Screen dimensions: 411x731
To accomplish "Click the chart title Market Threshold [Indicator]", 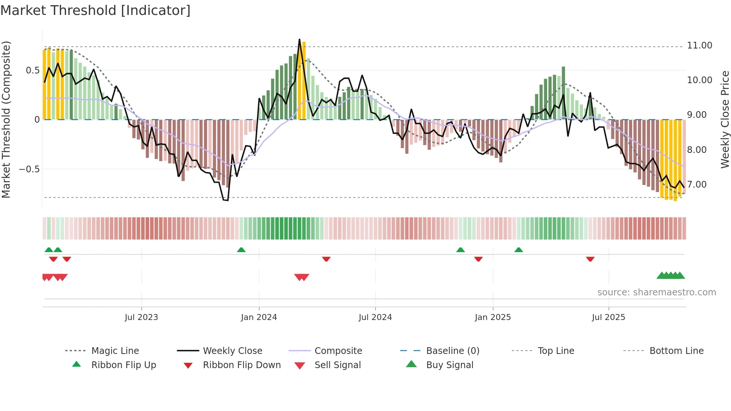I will click(x=95, y=10).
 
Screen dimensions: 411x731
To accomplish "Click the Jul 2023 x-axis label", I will click(x=141, y=317).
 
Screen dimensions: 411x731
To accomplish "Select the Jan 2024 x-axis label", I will click(x=259, y=317).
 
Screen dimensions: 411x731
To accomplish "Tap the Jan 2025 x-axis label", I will click(x=493, y=317).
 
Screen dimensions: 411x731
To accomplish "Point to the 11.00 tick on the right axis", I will click(x=699, y=46).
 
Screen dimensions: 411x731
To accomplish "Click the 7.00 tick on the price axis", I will click(x=697, y=185).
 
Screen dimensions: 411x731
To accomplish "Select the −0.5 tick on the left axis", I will click(x=29, y=169).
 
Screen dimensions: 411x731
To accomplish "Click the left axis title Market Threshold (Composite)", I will click(x=6, y=119).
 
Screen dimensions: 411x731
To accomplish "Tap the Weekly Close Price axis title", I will click(x=725, y=119).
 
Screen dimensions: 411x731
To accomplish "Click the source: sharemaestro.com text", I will click(x=656, y=292).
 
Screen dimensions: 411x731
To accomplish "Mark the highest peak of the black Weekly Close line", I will click(x=299, y=40).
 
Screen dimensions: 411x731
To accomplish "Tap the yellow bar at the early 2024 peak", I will click(x=304, y=80).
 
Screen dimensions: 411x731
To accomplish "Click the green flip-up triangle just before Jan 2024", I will click(x=241, y=250).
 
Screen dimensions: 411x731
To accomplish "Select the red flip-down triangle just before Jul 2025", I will click(x=590, y=259).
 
